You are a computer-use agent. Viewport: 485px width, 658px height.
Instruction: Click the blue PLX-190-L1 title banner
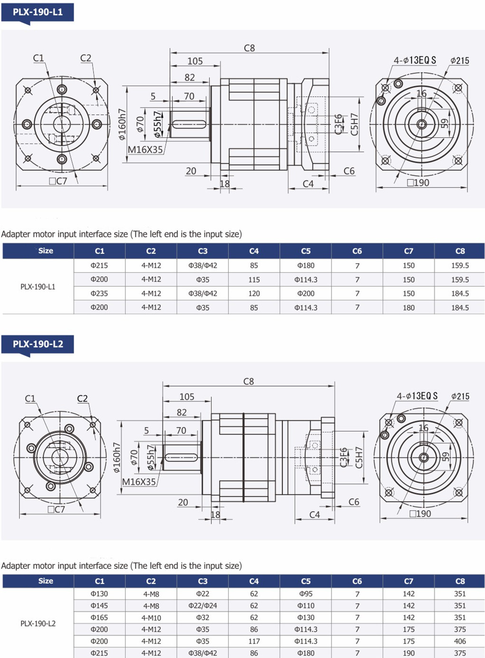38,13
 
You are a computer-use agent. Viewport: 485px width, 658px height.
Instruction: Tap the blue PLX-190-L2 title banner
38,344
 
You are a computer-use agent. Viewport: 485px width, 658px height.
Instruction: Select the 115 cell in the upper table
254,280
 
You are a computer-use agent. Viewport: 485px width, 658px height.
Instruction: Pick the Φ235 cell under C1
99,294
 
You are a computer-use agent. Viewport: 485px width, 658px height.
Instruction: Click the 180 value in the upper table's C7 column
409,307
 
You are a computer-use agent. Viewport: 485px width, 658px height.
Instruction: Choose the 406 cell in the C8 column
460,641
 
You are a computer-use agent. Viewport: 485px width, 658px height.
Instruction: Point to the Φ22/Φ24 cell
203,606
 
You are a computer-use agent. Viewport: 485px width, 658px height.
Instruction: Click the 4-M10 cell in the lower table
151,618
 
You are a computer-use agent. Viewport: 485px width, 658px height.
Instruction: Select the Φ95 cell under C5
306,594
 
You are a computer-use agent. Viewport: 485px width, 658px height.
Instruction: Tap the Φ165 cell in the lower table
99,618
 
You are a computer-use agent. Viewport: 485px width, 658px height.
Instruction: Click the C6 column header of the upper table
357,251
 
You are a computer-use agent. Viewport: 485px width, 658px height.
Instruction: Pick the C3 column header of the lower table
203,581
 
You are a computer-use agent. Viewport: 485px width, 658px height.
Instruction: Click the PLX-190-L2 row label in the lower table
38,624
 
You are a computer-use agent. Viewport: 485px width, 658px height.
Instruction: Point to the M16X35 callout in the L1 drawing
145,150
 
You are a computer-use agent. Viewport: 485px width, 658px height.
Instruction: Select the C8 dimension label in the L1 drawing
249,48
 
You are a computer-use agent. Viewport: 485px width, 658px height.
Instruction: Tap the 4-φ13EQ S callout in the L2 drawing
417,396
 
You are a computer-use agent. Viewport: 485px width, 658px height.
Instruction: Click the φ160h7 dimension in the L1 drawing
122,124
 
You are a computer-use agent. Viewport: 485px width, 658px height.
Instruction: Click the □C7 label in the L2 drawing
56,509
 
